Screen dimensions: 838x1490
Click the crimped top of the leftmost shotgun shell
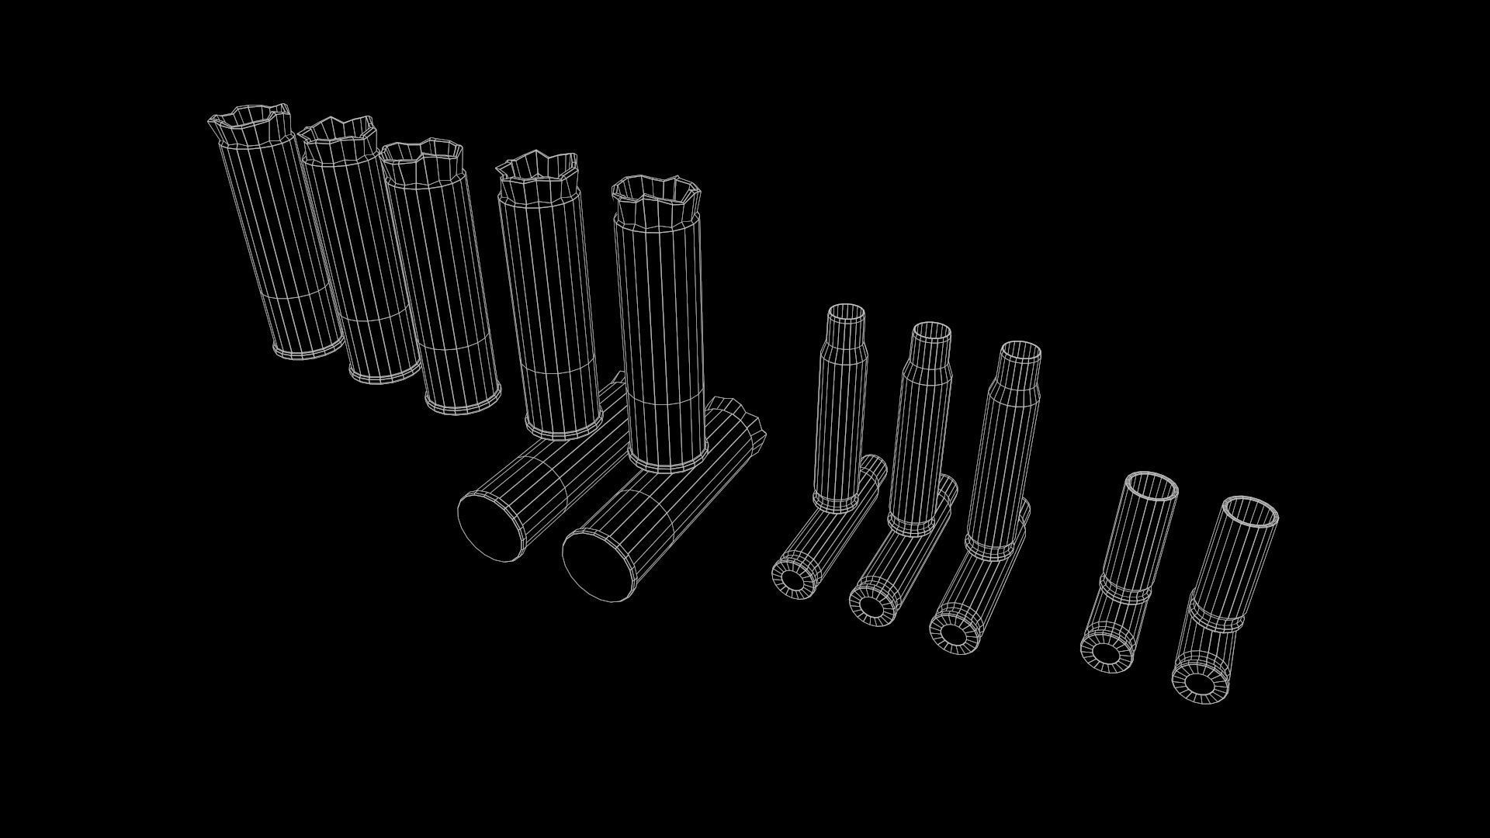[250, 124]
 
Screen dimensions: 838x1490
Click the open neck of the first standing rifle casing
[846, 313]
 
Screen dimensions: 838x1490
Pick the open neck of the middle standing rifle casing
[930, 333]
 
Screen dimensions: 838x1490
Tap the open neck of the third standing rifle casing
[1020, 353]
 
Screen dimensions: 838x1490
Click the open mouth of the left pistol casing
[1152, 489]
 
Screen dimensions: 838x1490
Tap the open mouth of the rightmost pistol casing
[1250, 512]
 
